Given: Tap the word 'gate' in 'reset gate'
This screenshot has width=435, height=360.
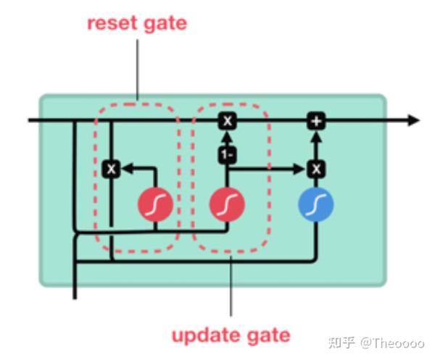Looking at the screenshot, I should coord(164,23).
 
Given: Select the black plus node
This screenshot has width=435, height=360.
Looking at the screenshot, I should coord(315,120).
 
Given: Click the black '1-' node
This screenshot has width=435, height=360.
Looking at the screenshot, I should coord(227,154).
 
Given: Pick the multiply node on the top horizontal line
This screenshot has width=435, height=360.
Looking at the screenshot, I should coord(227,120).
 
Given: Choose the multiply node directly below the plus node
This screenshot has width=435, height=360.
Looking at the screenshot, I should coord(315,169).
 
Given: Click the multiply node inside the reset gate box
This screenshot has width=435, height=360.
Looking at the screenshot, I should coord(111,169).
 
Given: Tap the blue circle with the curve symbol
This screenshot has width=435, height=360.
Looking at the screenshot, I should coord(315,206).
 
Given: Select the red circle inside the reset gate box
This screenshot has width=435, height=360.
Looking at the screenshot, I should coord(155,206).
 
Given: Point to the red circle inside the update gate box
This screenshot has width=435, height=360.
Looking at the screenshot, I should coord(227,206).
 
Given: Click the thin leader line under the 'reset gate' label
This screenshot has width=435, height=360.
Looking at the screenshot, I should coord(137,69).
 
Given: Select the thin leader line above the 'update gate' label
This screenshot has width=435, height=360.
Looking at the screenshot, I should coord(231,290).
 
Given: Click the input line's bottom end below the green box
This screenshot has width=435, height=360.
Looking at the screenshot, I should coord(75,296).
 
